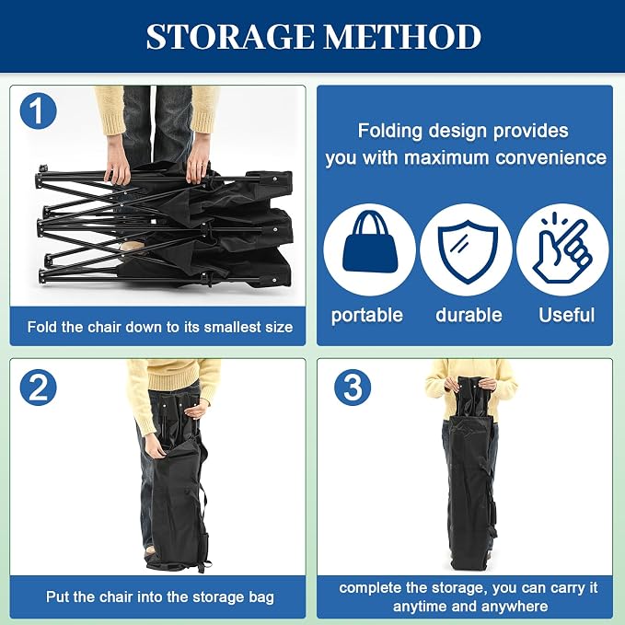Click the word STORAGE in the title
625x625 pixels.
coord(230,37)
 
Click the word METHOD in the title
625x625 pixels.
coord(402,37)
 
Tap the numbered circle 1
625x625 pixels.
coord(38,110)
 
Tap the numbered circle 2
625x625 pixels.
coord(38,388)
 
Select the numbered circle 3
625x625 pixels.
coord(353,388)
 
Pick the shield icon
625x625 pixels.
coord(468,252)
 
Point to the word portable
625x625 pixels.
coord(367,316)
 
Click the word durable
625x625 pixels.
coord(469,315)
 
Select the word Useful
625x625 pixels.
coord(566,315)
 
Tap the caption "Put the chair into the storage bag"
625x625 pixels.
coord(160,597)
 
